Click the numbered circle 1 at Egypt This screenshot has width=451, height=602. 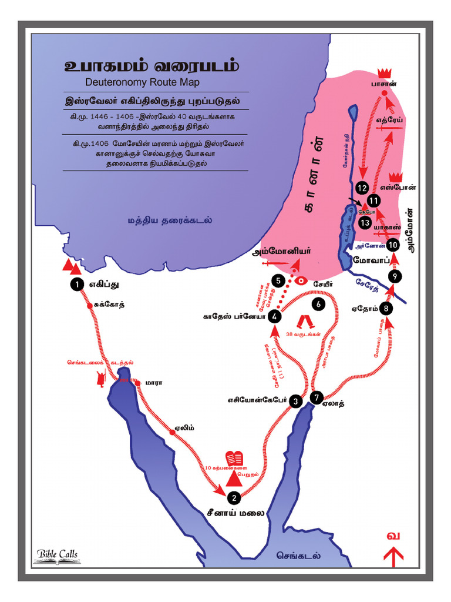(x=76, y=285)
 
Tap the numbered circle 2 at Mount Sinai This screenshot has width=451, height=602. (x=234, y=497)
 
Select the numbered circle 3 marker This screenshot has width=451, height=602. (x=295, y=402)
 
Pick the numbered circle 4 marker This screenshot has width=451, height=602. (x=275, y=317)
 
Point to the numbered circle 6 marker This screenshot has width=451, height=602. (x=318, y=305)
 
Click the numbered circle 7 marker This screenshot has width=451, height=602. (x=317, y=398)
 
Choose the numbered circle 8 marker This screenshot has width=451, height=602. (x=386, y=307)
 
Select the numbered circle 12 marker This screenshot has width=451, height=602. (x=362, y=188)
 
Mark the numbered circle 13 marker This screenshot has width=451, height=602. (x=365, y=223)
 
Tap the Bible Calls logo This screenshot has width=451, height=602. (x=57, y=554)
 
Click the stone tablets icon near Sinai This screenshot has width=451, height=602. (x=235, y=458)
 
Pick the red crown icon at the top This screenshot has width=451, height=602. (x=385, y=72)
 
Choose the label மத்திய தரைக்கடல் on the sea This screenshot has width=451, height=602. (x=170, y=220)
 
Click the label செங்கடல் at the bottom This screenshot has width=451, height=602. (x=299, y=554)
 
